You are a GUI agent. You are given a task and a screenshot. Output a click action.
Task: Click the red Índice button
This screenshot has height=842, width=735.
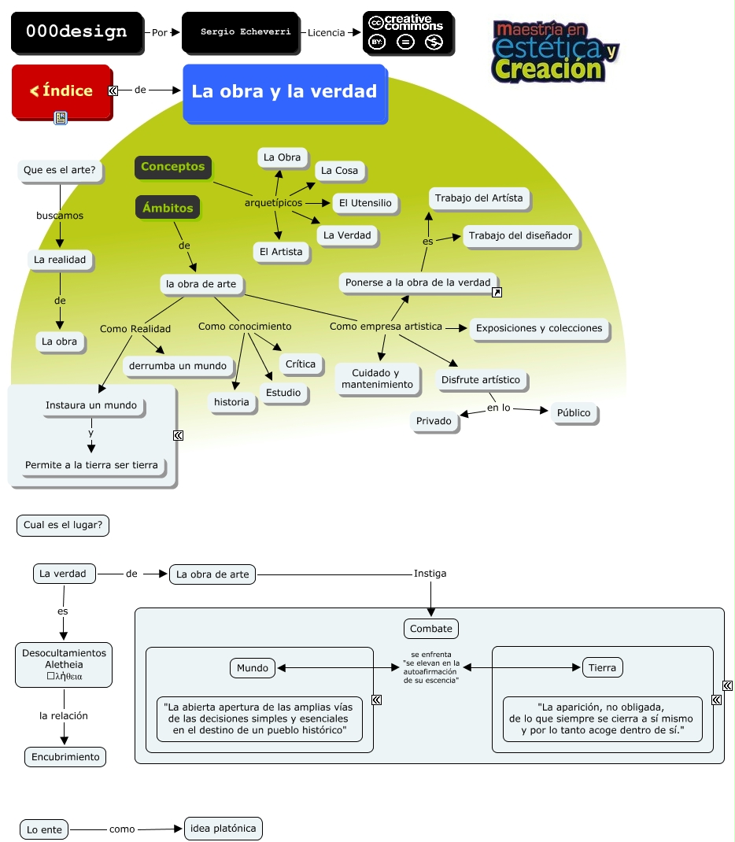coord(62,91)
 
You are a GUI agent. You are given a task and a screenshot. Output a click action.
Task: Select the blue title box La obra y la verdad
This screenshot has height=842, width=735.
coord(284,92)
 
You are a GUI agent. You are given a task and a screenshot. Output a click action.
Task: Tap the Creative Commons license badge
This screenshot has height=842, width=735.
coord(408,32)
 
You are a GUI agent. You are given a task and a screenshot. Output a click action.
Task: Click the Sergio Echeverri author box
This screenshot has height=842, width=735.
coord(239,32)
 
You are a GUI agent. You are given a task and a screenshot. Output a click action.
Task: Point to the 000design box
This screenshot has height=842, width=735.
coord(76,32)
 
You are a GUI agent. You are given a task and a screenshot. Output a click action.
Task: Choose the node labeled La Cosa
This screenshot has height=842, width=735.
coord(340,171)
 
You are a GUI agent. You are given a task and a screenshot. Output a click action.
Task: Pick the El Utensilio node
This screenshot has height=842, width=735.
coord(364,203)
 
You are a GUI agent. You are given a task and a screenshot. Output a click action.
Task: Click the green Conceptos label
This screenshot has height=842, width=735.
coord(173,167)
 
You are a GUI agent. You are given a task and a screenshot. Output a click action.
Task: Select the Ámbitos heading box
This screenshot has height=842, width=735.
coord(168,209)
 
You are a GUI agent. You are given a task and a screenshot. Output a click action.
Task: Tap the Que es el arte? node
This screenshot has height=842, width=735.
coord(60,169)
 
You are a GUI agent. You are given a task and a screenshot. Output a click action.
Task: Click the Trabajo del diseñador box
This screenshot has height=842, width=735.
coord(520,235)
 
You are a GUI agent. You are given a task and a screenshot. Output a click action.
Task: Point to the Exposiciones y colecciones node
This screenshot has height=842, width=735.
coord(539,328)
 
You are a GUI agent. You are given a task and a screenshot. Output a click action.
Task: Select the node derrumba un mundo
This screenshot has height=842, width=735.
coord(178,366)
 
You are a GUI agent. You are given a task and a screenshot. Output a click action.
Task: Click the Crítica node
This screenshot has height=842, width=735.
coord(301,364)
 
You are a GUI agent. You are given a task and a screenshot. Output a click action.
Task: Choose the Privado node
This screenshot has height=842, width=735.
coord(434,421)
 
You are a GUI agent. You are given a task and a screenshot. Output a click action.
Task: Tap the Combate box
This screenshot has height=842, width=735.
coord(431,629)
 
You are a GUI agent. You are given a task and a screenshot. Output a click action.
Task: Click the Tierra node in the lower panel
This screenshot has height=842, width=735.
coord(602,668)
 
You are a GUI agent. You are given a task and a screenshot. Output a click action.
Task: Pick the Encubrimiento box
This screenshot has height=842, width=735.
coord(65,757)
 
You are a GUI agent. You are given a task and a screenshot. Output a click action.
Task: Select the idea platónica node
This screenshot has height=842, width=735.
coord(223,828)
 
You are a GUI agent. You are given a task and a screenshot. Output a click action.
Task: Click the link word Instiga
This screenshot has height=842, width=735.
coord(430,574)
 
